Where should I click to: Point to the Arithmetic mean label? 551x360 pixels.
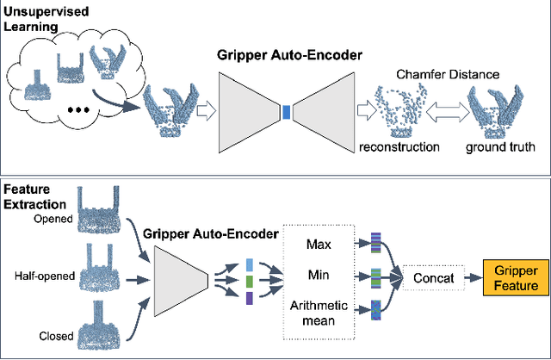coord(319,312)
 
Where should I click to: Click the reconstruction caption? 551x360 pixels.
coord(400,146)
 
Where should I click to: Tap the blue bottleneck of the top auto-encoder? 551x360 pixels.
coord(287,109)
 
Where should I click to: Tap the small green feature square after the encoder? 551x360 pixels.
coord(249,280)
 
